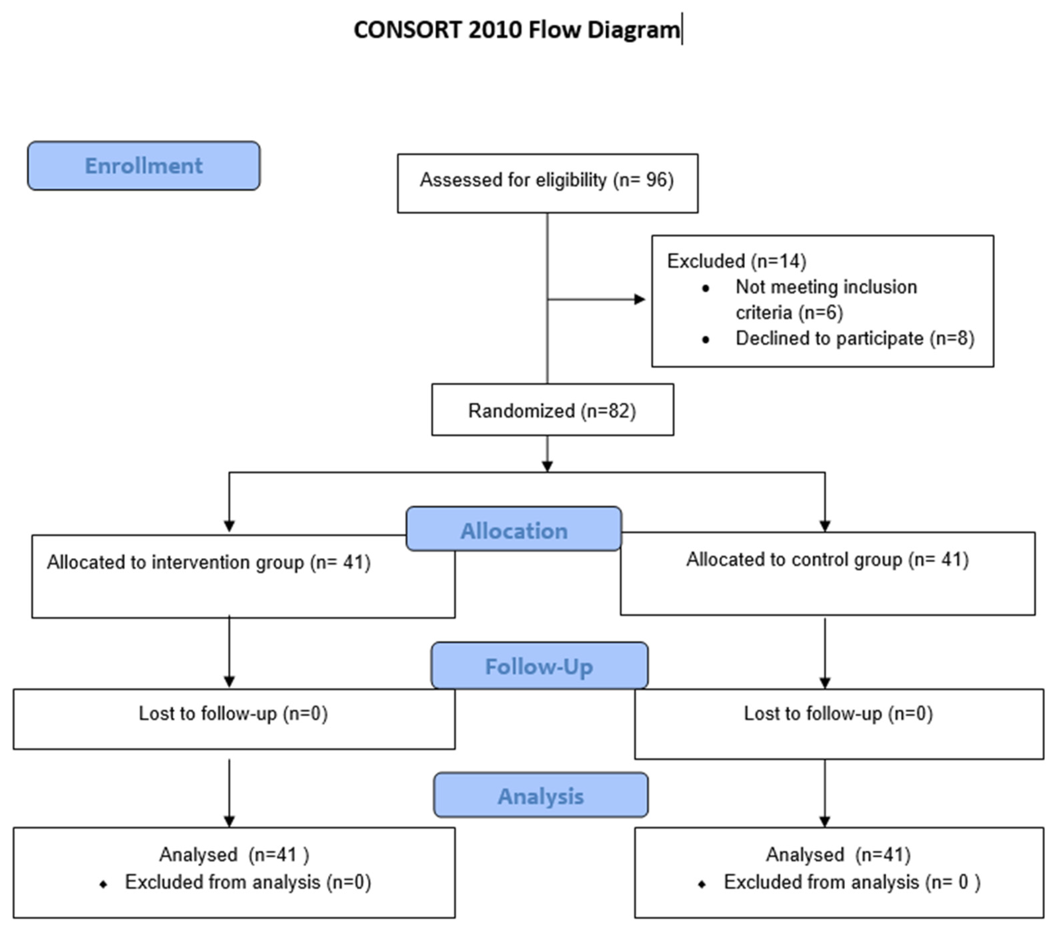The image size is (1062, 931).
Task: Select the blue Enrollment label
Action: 144,166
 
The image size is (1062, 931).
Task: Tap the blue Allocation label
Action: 514,530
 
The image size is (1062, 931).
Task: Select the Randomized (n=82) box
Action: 552,410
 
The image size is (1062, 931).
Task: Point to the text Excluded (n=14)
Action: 736,261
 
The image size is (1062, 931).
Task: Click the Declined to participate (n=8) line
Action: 855,338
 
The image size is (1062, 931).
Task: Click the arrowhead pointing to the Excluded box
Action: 640,299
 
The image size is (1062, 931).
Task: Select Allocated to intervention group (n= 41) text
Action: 209,562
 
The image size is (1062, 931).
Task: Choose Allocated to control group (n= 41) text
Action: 827,560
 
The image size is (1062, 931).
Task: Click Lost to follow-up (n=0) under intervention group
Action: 233,713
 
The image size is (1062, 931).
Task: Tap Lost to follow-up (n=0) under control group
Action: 838,713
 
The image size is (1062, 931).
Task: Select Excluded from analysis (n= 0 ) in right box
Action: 852,882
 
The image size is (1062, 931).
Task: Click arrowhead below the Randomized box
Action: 547,466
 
